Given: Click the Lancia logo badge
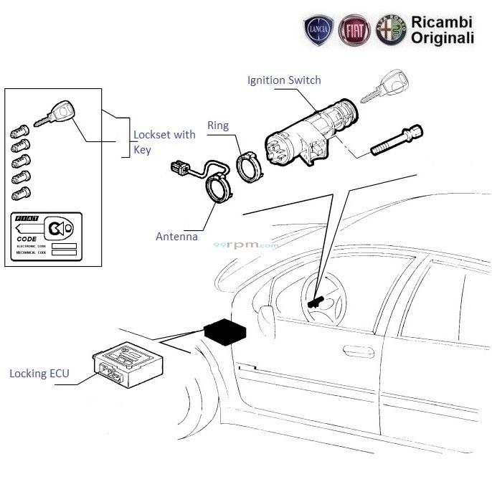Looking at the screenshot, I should pyautogui.click(x=319, y=31).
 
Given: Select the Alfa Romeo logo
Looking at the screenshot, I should pyautogui.click(x=388, y=31).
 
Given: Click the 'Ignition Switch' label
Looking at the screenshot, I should pyautogui.click(x=284, y=80).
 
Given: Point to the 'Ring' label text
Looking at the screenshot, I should pyautogui.click(x=217, y=126).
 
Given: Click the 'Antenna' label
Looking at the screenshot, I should pyautogui.click(x=176, y=236).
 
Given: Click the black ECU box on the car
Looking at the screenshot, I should pyautogui.click(x=225, y=332).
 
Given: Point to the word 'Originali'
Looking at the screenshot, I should pyautogui.click(x=442, y=37).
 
